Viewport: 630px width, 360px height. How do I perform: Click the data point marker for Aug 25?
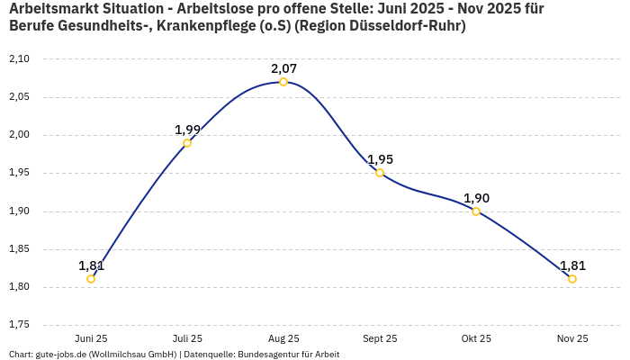pos(283,82)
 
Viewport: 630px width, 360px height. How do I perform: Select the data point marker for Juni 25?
pos(91,279)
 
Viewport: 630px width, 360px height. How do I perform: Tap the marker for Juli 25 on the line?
pos(187,143)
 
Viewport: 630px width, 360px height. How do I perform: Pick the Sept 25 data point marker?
pos(380,173)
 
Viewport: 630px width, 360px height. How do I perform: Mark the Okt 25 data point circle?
pos(476,211)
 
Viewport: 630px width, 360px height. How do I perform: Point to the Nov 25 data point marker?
pos(572,279)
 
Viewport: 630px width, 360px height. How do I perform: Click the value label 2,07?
pos(283,68)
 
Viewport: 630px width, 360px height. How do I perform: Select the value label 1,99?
pos(187,130)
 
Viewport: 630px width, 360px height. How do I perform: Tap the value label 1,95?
pos(380,159)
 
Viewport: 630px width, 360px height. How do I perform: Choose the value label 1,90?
pos(476,198)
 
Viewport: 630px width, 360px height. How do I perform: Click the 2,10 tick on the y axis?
pos(19,59)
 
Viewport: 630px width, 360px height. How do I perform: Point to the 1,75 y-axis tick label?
pos(19,325)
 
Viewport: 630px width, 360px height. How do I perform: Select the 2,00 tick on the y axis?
pos(19,135)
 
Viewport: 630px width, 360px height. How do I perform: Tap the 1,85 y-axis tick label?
pos(19,249)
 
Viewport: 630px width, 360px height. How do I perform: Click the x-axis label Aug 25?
pos(283,339)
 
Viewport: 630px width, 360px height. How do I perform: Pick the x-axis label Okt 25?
pos(476,339)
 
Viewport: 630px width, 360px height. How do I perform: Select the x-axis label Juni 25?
pos(91,339)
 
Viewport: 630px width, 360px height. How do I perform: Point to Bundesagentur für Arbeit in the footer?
pos(288,355)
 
